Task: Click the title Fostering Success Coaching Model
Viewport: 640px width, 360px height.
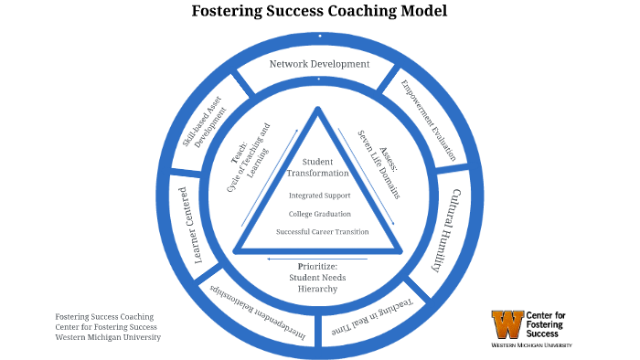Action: (319, 12)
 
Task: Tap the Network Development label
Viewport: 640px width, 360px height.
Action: (319, 64)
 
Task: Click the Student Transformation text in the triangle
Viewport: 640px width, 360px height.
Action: (318, 168)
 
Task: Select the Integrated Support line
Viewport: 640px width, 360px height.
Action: (318, 196)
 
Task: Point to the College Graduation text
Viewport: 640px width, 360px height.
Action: (318, 214)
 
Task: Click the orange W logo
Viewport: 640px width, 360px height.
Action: (509, 323)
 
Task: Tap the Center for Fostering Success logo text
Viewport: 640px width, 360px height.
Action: (548, 324)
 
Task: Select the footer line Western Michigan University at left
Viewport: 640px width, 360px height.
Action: (108, 336)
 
